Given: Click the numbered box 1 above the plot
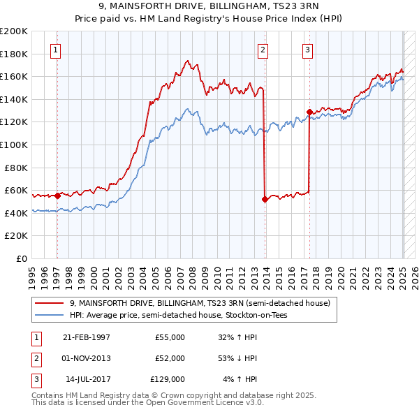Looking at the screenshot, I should [54, 50].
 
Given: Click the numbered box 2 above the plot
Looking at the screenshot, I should [263, 50].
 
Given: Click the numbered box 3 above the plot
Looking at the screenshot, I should [307, 50].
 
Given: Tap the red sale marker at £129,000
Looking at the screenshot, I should [309, 111].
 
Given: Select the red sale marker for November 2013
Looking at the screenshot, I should [265, 199].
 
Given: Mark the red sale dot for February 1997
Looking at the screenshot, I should [58, 196].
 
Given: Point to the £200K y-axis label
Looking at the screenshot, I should [14, 31].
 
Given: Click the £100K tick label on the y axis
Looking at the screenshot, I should [14, 145].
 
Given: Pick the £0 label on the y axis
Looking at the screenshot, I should [22, 258].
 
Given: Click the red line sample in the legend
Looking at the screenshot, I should [50, 302].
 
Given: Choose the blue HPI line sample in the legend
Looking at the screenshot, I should [50, 315].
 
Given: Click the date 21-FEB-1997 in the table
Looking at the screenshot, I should [86, 337].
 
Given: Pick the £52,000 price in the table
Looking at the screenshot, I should [170, 358].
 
